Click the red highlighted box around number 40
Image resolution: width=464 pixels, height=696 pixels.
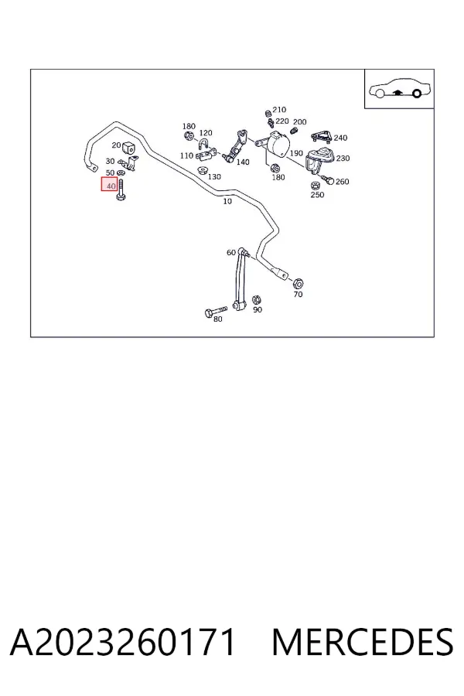point(109,184)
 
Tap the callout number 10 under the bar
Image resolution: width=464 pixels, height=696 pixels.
point(227,202)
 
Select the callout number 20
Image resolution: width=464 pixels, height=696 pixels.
point(116,145)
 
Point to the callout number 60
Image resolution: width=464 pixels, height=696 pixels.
point(231,253)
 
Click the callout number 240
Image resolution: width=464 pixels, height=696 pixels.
point(340,138)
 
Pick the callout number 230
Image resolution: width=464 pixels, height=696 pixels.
point(343,159)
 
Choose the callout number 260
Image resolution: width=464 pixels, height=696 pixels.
point(343,182)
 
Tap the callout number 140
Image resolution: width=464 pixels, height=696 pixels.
point(243,162)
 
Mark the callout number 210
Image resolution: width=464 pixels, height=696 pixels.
point(279,110)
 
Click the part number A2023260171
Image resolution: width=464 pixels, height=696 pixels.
point(122,642)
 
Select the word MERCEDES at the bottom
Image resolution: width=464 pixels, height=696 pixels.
point(363,642)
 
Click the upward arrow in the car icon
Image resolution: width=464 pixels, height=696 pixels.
point(398,92)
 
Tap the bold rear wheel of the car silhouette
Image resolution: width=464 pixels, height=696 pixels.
point(417,94)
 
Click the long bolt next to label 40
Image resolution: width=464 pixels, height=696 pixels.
point(121,189)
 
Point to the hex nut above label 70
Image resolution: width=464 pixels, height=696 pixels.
point(299,283)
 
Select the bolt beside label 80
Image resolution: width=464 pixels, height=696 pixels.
point(216,311)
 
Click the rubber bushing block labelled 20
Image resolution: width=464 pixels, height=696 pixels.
point(128,147)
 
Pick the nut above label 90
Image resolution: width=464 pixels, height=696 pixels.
point(256,300)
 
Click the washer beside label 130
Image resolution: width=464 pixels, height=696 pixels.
point(203,170)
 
